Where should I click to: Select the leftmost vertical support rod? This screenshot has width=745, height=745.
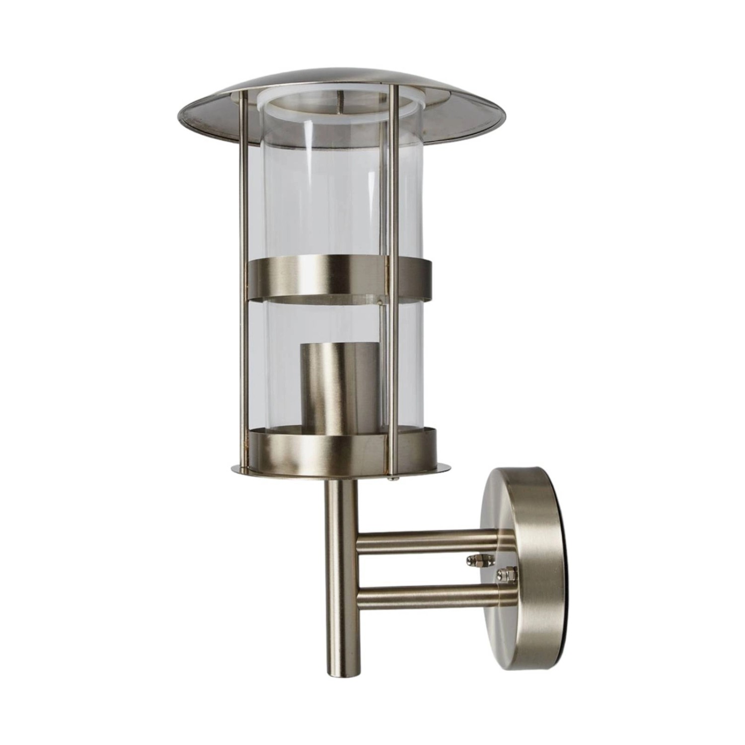243,298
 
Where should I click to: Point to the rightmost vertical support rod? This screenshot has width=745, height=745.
395,298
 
